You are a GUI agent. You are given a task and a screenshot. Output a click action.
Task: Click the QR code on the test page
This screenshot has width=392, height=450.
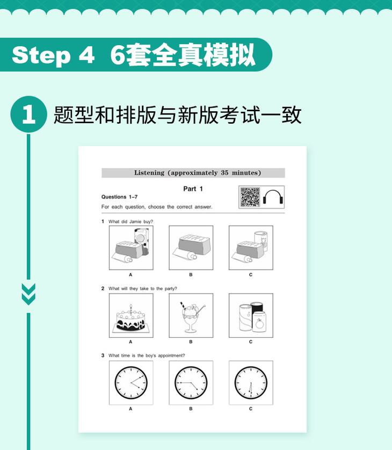point(250,197)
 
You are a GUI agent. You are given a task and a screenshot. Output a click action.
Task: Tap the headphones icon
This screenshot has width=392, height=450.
point(273,197)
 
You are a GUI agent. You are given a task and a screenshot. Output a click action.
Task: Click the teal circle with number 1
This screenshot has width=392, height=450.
point(28,114)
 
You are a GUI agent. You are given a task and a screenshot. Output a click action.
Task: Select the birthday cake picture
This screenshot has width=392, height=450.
point(131,316)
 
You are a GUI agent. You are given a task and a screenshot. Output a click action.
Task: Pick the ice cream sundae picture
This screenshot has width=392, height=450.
point(191,316)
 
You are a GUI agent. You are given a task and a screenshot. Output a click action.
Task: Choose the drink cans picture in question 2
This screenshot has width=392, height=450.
point(251,316)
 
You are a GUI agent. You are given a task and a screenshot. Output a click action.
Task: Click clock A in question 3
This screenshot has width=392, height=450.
point(131,383)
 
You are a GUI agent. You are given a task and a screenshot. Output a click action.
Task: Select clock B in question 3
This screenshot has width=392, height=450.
point(191,383)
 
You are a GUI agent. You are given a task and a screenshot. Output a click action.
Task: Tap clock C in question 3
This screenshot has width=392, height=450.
point(251,383)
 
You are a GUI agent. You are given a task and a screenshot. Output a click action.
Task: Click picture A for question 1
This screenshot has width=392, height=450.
point(131,248)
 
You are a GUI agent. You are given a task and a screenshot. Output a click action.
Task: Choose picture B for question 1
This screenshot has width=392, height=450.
point(191,248)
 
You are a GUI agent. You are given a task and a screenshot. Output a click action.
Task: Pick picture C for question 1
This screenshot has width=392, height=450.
point(251,248)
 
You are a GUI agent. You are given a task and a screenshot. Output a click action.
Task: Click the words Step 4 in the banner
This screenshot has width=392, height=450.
point(53,55)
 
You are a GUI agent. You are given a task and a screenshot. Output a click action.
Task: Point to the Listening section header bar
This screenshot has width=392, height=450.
point(193,173)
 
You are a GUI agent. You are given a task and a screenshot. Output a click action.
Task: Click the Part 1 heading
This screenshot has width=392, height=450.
point(193,189)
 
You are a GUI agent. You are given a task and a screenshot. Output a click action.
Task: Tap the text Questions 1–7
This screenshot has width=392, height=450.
point(120,197)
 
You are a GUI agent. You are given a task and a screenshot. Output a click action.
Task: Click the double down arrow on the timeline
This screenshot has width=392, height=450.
point(28,294)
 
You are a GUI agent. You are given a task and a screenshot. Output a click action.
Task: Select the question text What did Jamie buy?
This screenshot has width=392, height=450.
point(130,222)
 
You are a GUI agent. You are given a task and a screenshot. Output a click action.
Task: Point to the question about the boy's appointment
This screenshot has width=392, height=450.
point(147,355)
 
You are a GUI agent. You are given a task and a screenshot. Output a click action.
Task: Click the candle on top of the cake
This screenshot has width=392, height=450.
point(131,309)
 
